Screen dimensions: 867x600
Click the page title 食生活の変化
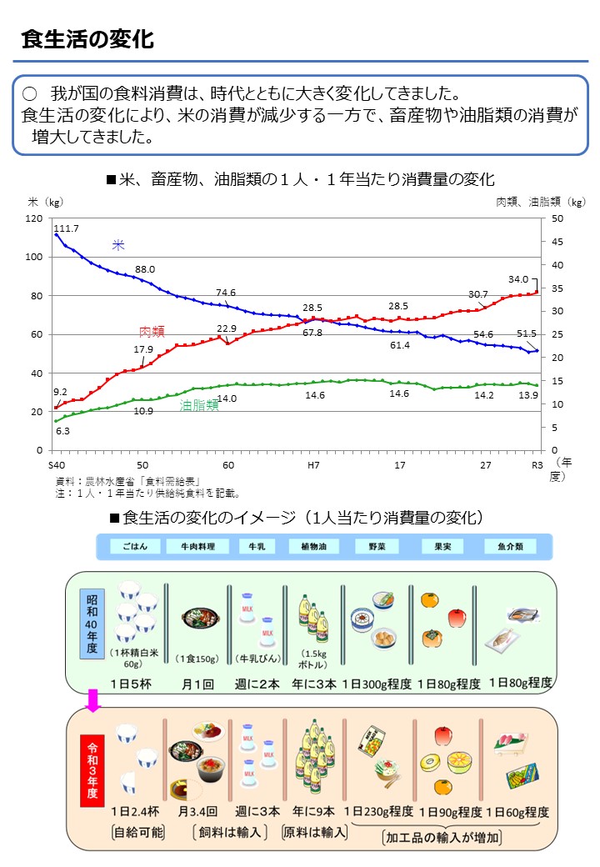tap(87, 39)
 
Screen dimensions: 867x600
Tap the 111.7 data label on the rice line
tap(66, 228)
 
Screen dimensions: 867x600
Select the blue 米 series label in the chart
tap(118, 245)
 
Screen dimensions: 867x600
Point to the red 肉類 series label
tap(152, 331)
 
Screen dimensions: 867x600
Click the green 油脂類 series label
tap(199, 405)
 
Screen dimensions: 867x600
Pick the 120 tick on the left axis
tap(34, 218)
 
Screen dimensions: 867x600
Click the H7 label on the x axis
tap(314, 464)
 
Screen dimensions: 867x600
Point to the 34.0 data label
tap(517, 279)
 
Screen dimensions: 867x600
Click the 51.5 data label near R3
tap(526, 333)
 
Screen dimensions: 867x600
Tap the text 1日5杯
tap(131, 683)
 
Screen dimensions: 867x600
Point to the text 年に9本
tap(313, 810)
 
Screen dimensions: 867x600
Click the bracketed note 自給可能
tap(137, 832)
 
